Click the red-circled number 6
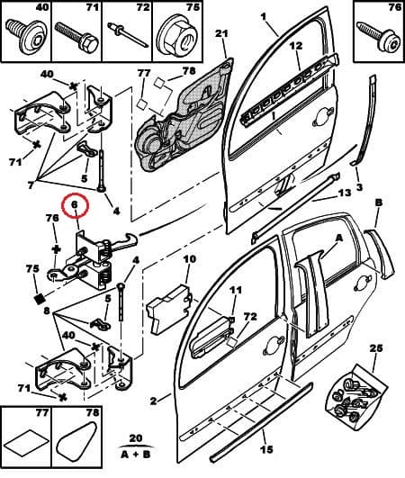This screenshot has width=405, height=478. click(x=76, y=206)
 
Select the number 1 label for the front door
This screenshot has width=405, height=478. click(x=264, y=17)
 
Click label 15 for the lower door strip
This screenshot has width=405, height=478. click(x=265, y=450)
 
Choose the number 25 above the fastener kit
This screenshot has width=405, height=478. click(x=375, y=347)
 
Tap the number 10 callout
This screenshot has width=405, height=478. click(x=189, y=260)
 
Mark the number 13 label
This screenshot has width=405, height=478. click(x=345, y=194)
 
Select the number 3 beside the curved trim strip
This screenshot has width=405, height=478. click(x=359, y=187)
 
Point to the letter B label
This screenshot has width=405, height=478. click(x=378, y=203)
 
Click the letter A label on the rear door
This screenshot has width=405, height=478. click(x=338, y=239)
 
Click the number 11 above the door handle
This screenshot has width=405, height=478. click(x=235, y=290)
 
